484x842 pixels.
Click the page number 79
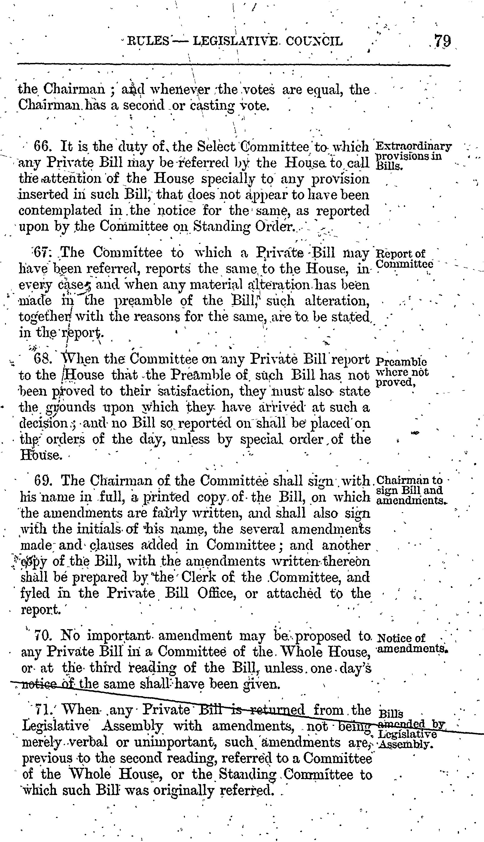coord(442,41)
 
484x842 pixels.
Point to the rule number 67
coord(42,253)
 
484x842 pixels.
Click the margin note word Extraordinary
coord(413,146)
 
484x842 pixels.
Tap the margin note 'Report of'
coord(401,254)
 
